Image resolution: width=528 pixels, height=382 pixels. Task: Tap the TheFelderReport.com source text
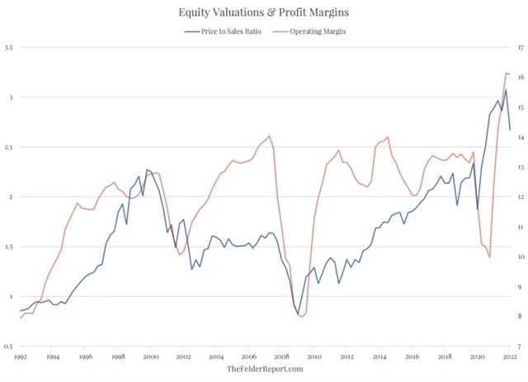click(x=264, y=369)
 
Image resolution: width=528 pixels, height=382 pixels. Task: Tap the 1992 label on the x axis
click(x=21, y=357)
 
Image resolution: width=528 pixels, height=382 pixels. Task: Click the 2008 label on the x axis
click(x=282, y=357)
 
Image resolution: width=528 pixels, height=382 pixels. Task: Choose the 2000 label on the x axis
click(x=151, y=357)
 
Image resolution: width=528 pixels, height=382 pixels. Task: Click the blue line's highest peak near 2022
click(x=507, y=89)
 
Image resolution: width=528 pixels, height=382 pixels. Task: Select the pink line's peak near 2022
click(x=506, y=73)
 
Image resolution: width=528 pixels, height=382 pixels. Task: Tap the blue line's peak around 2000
click(x=147, y=170)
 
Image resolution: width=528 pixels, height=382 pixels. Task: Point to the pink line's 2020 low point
click(x=489, y=257)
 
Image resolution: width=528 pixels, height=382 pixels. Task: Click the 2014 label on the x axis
click(x=380, y=357)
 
